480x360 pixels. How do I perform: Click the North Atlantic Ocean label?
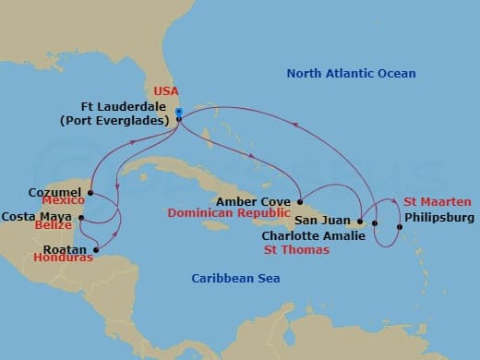(x=351, y=74)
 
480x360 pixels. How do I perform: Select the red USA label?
(x=165, y=91)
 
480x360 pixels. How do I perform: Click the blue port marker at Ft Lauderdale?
(x=179, y=113)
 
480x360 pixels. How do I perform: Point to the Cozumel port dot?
(x=91, y=193)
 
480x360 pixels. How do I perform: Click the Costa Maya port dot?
(x=82, y=219)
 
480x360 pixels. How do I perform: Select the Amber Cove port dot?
(x=300, y=201)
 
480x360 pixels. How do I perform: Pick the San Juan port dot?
(x=359, y=222)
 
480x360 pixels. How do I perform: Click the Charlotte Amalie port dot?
(x=376, y=223)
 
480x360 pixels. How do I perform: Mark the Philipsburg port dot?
(x=399, y=227)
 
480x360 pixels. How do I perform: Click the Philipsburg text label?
(x=440, y=218)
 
